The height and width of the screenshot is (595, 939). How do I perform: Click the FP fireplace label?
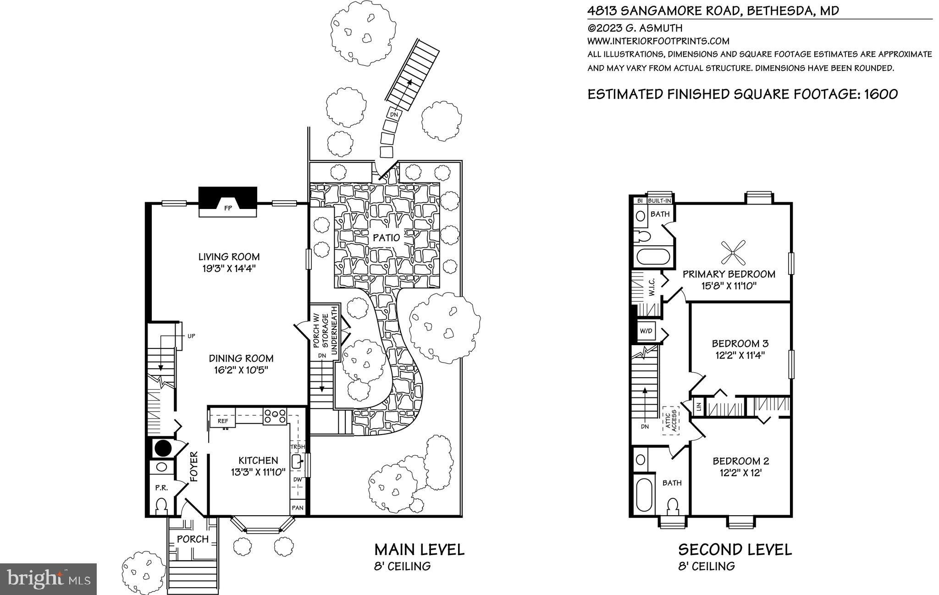point(227,208)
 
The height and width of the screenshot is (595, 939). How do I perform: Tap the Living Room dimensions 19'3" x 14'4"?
point(229,268)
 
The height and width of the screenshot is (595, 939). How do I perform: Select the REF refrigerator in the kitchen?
point(223,421)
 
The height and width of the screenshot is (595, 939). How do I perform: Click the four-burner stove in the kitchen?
point(275,416)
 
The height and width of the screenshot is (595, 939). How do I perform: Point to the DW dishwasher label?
point(298,479)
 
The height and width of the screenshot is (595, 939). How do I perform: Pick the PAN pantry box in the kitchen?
point(298,508)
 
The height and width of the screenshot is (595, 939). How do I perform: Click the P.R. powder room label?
point(161,488)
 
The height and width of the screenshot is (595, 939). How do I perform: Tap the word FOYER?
point(193,467)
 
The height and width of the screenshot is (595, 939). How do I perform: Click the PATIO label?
point(386,237)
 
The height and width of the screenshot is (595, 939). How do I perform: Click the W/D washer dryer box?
point(646,331)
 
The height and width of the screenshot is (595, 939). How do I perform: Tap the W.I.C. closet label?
point(652,287)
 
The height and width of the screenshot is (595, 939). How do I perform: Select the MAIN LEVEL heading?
point(419,549)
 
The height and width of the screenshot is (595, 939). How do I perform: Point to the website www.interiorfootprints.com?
point(658,41)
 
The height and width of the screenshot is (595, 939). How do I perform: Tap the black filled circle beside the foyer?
point(162,447)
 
